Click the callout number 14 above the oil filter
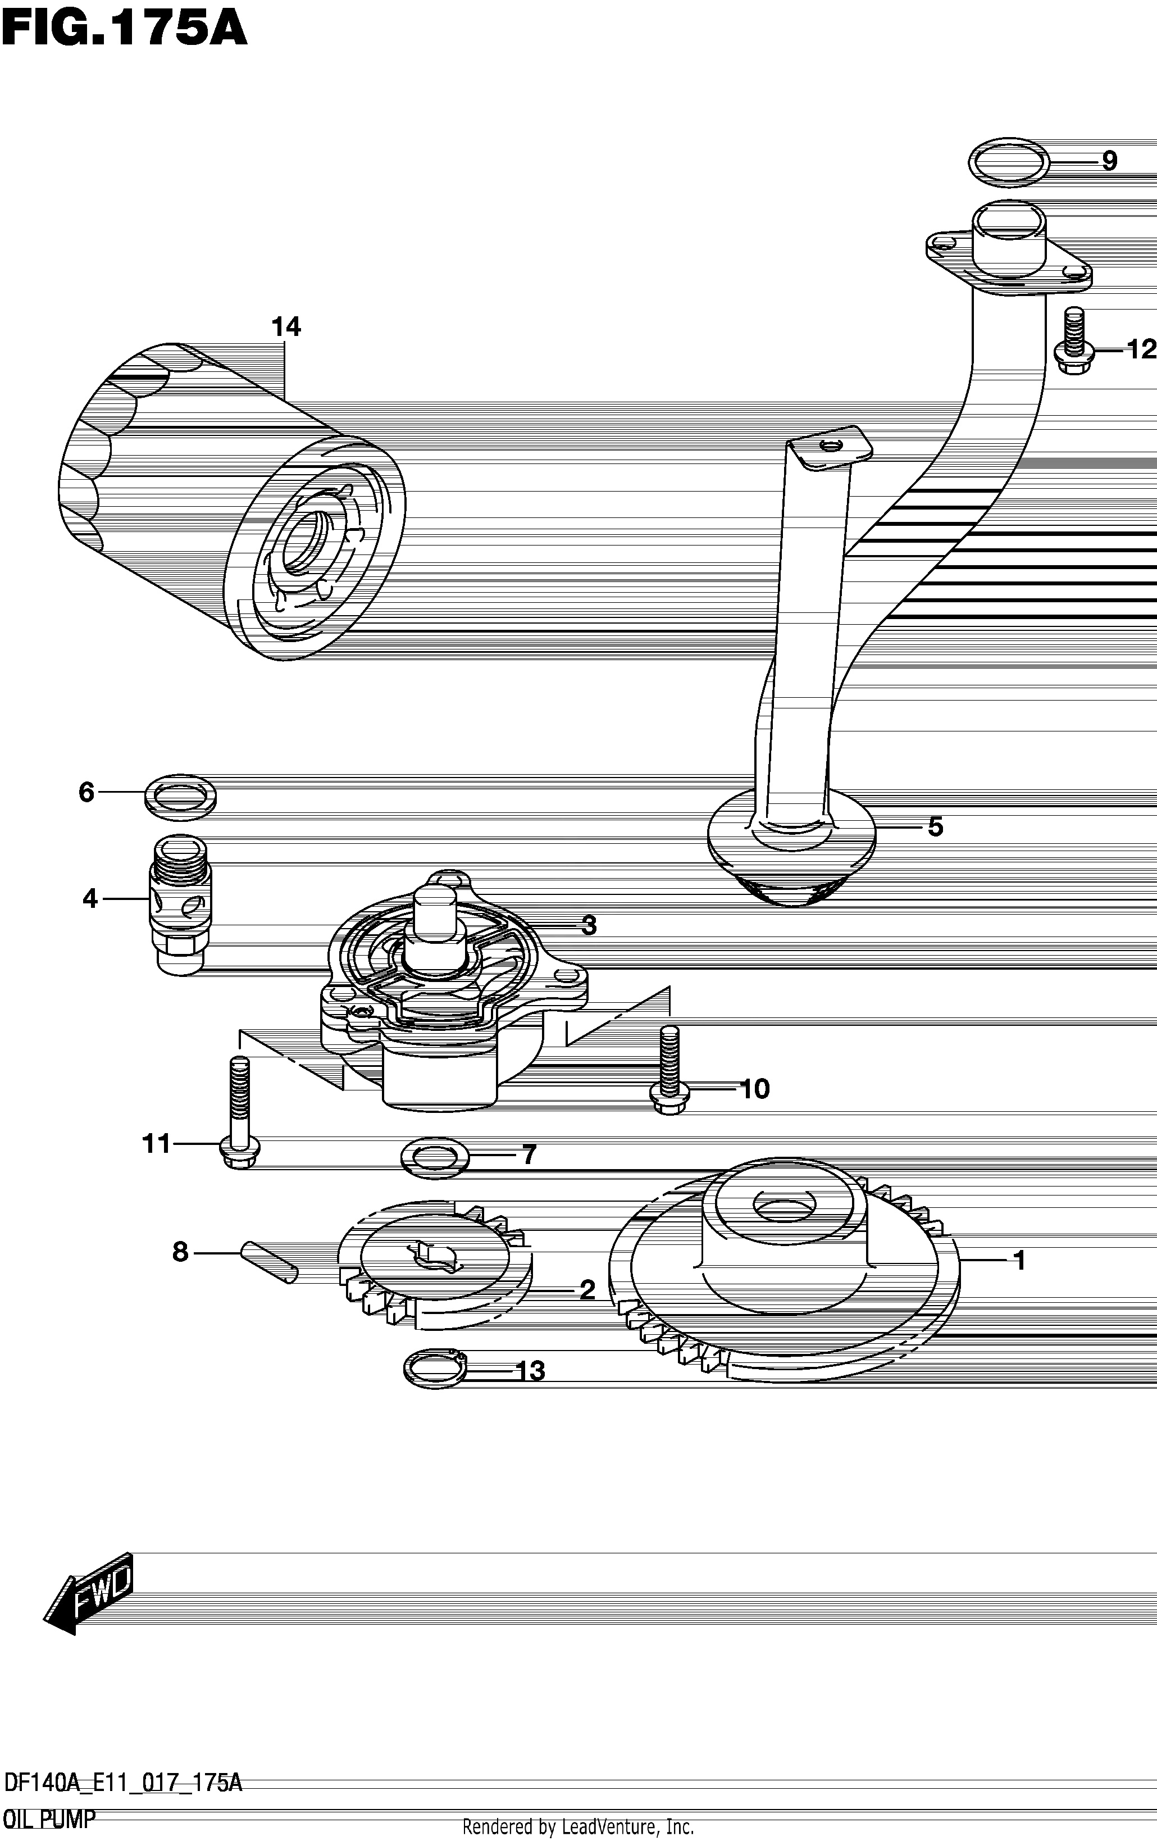(286, 327)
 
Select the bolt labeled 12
(1074, 340)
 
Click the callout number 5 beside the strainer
(935, 826)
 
